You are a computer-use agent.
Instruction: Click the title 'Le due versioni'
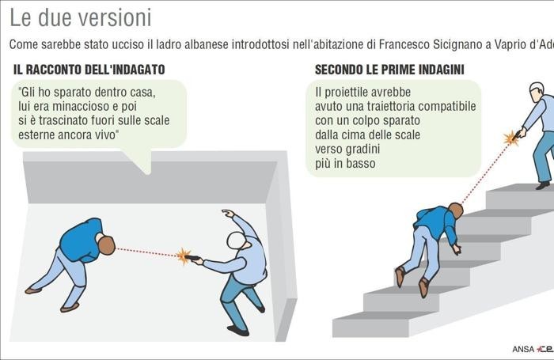pyautogui.click(x=81, y=17)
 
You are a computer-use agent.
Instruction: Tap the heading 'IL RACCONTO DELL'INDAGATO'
pyautogui.click(x=89, y=70)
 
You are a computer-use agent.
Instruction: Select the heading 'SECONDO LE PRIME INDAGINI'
pyautogui.click(x=389, y=70)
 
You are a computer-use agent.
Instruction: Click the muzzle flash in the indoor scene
pyautogui.click(x=184, y=256)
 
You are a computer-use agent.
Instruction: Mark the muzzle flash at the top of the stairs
pyautogui.click(x=511, y=138)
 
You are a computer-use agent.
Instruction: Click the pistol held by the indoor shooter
pyautogui.click(x=192, y=258)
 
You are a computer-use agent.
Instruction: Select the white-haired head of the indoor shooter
pyautogui.click(x=237, y=241)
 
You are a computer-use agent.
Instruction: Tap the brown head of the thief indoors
pyautogui.click(x=106, y=245)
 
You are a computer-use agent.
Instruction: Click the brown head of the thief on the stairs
pyautogui.click(x=456, y=210)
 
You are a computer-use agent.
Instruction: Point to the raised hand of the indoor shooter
pyautogui.click(x=228, y=213)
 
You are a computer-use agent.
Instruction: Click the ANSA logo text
pyautogui.click(x=523, y=349)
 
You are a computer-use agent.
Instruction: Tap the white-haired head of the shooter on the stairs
pyautogui.click(x=537, y=92)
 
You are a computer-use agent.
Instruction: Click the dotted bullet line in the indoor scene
pyautogui.click(x=146, y=252)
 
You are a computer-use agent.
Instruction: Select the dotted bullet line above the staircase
pyautogui.click(x=484, y=173)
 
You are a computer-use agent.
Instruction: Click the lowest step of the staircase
pyautogui.click(x=371, y=328)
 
